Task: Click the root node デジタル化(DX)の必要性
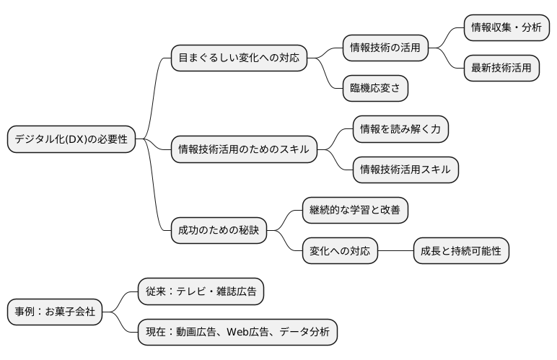[x=71, y=140]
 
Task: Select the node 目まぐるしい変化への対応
[x=239, y=58]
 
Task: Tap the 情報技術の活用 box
[x=385, y=48]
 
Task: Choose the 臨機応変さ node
[x=374, y=88]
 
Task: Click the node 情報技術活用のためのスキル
[x=243, y=150]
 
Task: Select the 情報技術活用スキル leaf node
[x=405, y=170]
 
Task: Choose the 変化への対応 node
[x=339, y=251]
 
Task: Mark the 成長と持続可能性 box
[x=461, y=251]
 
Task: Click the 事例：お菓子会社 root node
[x=54, y=312]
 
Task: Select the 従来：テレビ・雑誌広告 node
[x=201, y=291]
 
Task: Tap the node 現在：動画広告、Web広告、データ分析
[x=237, y=332]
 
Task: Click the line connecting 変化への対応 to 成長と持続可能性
[x=395, y=251]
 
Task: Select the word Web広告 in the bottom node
[x=251, y=332]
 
